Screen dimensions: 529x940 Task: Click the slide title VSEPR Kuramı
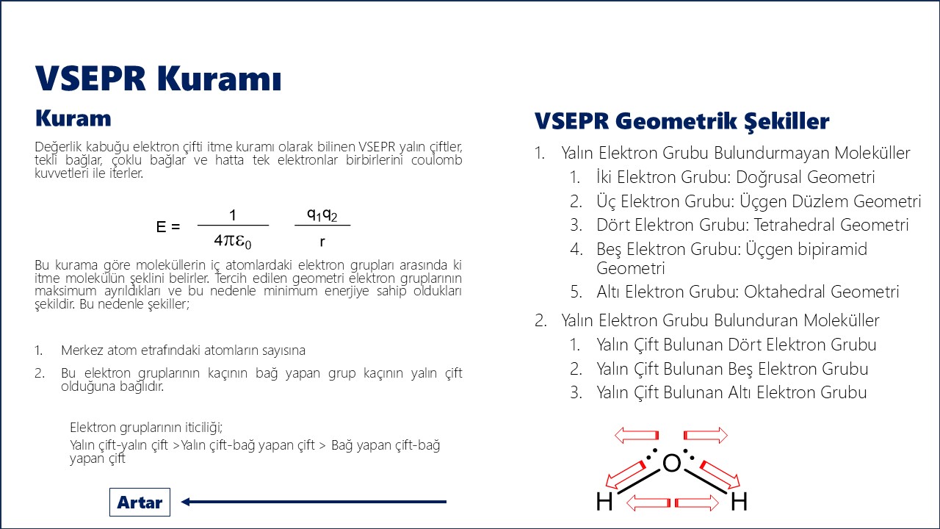(x=159, y=79)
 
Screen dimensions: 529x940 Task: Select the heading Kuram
(x=73, y=118)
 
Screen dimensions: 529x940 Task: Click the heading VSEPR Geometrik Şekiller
(x=681, y=121)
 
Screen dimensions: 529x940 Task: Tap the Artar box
(x=140, y=503)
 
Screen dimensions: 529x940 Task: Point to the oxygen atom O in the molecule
(x=671, y=463)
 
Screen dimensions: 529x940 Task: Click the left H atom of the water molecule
(x=604, y=503)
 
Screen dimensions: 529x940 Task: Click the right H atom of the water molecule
(x=739, y=503)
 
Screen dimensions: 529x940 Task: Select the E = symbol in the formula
(x=168, y=227)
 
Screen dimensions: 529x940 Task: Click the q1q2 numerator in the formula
(x=322, y=215)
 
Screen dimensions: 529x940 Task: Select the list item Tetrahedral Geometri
(x=752, y=225)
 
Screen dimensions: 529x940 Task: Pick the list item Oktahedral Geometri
(x=747, y=292)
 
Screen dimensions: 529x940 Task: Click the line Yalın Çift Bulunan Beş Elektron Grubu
(x=732, y=369)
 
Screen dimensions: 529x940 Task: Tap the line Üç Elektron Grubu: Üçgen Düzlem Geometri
(x=758, y=201)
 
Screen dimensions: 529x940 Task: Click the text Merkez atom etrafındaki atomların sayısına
(x=183, y=350)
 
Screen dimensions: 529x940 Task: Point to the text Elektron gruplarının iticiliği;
(x=146, y=428)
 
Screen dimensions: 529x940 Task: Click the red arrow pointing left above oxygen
(x=637, y=436)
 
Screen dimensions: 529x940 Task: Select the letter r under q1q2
(x=322, y=240)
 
